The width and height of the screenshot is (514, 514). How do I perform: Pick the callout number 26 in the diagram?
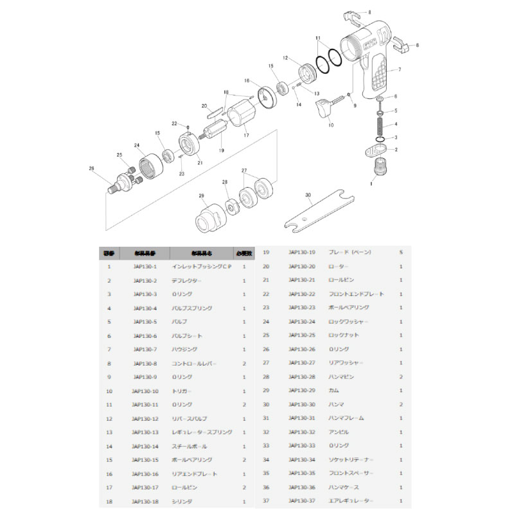[92, 168]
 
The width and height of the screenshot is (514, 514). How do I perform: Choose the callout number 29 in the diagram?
[201, 195]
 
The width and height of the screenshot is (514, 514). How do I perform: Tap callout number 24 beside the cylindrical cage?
[136, 146]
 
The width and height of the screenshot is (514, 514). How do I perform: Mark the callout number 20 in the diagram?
[204, 105]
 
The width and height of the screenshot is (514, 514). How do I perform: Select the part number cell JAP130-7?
[145, 349]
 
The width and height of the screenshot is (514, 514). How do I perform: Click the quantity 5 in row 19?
[401, 252]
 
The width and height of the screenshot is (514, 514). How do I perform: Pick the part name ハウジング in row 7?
[185, 349]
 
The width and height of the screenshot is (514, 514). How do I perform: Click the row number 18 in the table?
[109, 501]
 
